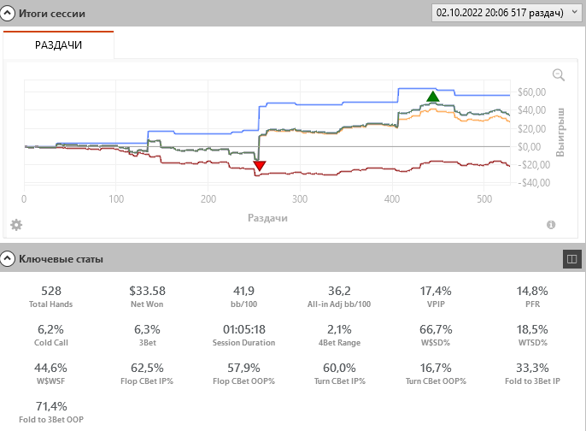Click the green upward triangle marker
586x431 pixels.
pyautogui.click(x=433, y=96)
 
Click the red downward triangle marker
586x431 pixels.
pyautogui.click(x=260, y=166)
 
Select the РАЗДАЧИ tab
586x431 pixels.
pyautogui.click(x=58, y=44)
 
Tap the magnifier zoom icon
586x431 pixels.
pyautogui.click(x=559, y=74)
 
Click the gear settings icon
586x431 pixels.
pyautogui.click(x=16, y=225)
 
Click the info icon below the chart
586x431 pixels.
pyautogui.click(x=551, y=225)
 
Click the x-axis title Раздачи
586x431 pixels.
pyautogui.click(x=267, y=217)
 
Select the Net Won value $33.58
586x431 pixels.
pyautogui.click(x=147, y=292)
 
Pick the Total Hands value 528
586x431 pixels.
pyautogui.click(x=51, y=292)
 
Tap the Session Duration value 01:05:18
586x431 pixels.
pyautogui.click(x=243, y=329)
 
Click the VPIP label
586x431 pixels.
pyautogui.click(x=436, y=304)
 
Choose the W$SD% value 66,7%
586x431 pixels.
pyautogui.click(x=436, y=329)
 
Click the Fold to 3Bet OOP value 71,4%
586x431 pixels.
pyautogui.click(x=51, y=406)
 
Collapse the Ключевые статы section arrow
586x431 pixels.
pyautogui.click(x=7, y=257)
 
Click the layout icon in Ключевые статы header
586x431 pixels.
pyautogui.click(x=571, y=257)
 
